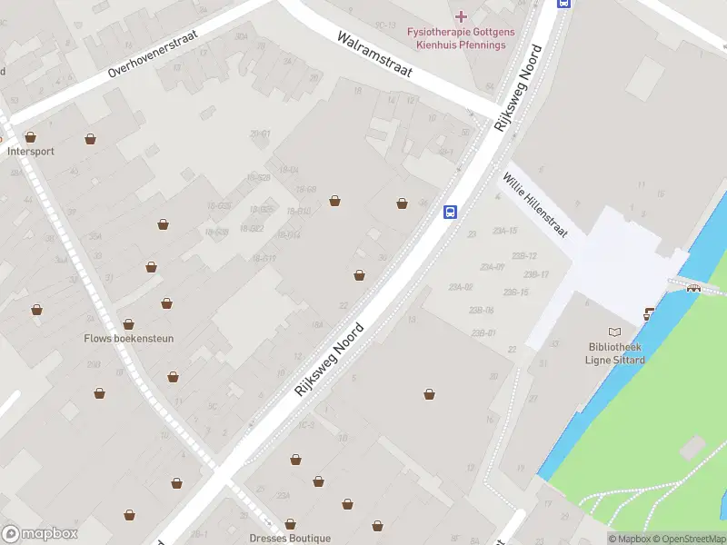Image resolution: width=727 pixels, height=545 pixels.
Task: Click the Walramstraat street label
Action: [374, 55]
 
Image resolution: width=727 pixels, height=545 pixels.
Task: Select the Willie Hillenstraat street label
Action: [535, 206]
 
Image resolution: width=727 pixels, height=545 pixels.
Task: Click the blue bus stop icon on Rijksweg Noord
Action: [450, 213]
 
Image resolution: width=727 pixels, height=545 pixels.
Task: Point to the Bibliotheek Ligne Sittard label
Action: [615, 353]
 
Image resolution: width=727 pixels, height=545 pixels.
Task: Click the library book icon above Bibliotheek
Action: [615, 332]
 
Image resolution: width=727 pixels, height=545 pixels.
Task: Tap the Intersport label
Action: [30, 152]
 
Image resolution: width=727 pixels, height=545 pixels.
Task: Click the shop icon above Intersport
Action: [31, 137]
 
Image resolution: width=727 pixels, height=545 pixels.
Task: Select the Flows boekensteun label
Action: [128, 339]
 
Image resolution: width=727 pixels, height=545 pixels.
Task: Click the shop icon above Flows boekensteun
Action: [128, 324]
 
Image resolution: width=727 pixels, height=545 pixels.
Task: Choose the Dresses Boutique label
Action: [290, 538]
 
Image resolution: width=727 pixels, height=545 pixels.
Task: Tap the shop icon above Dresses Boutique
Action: [290, 524]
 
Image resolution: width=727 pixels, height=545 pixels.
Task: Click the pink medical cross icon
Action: [461, 15]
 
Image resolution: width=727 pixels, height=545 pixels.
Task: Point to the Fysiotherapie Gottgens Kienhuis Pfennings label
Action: [460, 38]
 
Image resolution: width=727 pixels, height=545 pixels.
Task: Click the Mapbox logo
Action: [39, 534]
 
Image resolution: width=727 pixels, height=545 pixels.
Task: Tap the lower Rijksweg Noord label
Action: [329, 360]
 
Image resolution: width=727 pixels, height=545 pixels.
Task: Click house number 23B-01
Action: [483, 333]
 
